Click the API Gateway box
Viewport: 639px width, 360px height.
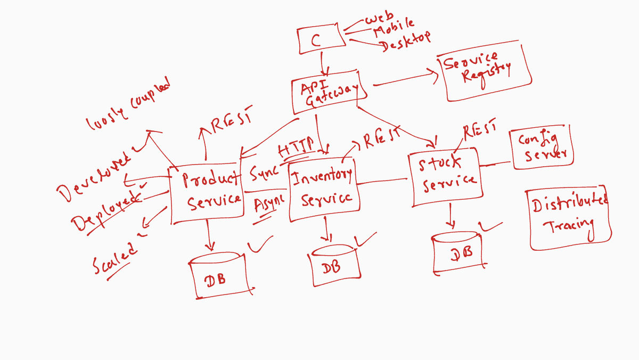pyautogui.click(x=329, y=94)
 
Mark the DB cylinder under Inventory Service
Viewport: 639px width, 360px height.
pyautogui.click(x=334, y=263)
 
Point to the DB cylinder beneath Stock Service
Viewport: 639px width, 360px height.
pyautogui.click(x=458, y=252)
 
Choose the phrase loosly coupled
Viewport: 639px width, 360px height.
pyautogui.click(x=128, y=104)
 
